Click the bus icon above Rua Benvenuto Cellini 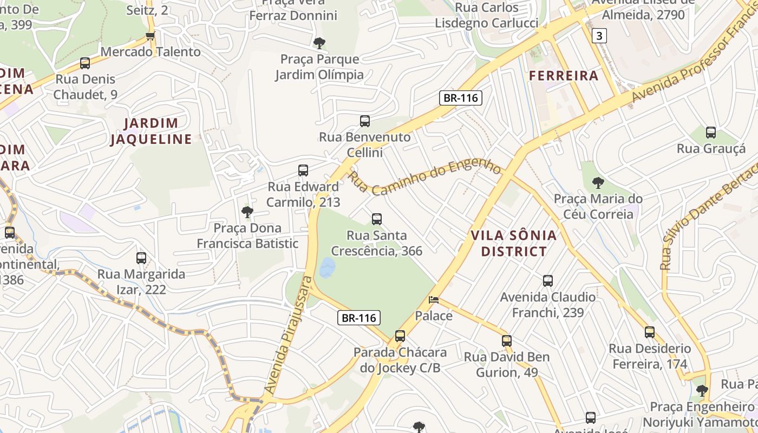365,121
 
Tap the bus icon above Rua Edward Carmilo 303,170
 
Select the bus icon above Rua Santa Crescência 377,219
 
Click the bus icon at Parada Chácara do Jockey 400,336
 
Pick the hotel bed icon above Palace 434,299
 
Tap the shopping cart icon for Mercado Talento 150,36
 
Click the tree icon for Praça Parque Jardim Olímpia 319,43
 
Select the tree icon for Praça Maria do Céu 598,182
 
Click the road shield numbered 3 599,36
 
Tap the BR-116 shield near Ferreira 460,98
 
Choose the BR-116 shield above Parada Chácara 358,318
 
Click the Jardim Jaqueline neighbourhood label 151,131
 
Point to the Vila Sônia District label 513,243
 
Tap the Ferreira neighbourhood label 564,76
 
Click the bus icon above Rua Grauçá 711,132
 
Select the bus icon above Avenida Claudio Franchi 548,280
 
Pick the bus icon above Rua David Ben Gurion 507,340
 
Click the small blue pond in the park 327,267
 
